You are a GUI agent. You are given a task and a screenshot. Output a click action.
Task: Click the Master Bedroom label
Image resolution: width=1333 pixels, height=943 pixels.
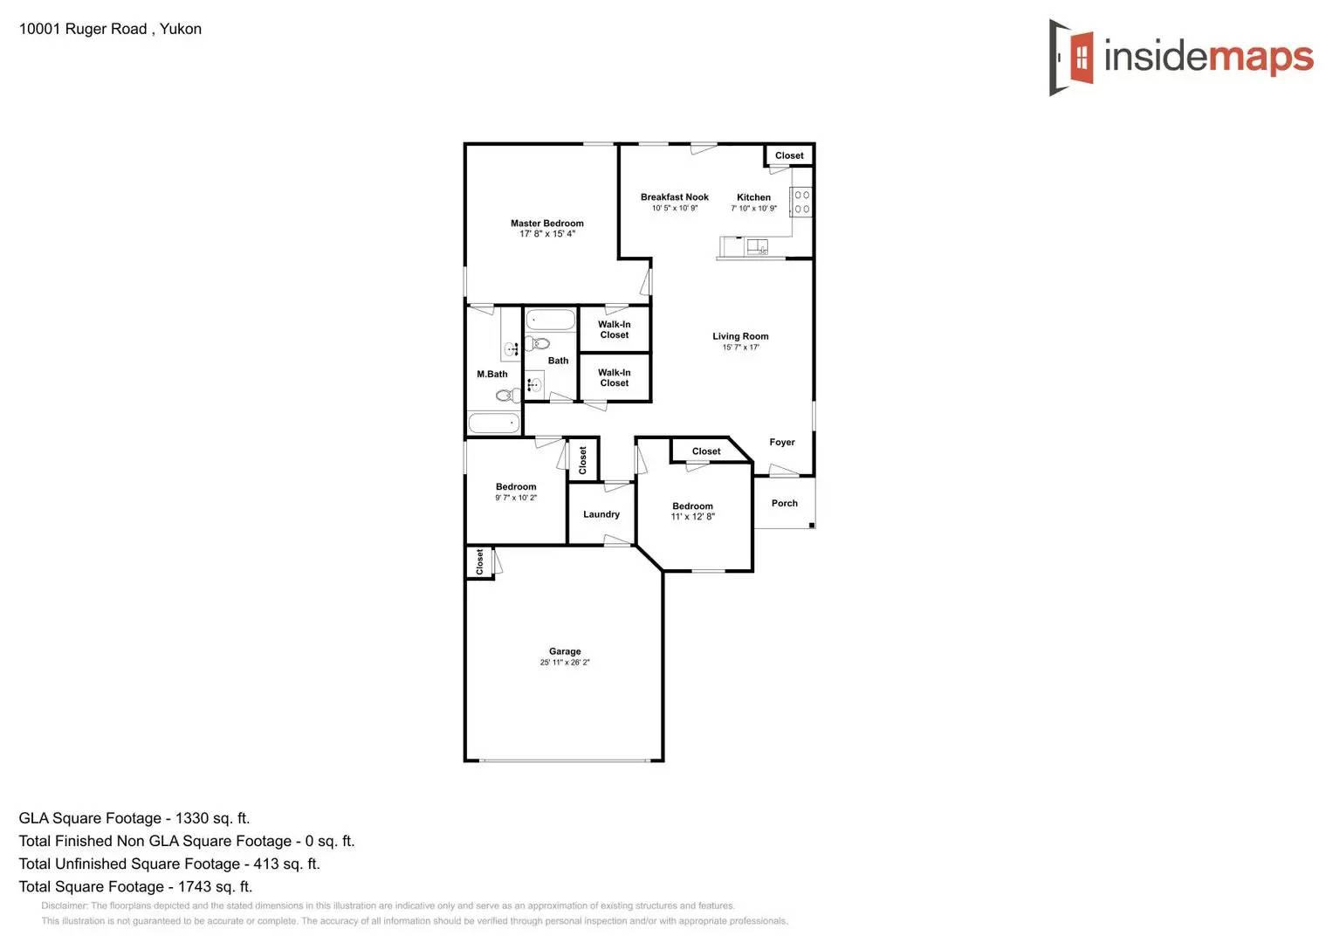point(547,224)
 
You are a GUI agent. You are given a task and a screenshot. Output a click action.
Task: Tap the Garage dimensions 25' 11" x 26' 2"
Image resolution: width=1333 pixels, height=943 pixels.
point(565,663)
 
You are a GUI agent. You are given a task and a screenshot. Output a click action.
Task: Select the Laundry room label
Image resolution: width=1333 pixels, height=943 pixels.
point(601,514)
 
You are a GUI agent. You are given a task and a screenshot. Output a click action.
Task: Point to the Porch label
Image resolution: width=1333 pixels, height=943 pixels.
point(784,503)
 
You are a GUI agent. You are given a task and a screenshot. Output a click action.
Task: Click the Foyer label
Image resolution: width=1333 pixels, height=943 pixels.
point(782,442)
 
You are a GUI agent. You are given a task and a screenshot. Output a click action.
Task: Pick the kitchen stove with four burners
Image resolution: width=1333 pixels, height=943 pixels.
point(801,202)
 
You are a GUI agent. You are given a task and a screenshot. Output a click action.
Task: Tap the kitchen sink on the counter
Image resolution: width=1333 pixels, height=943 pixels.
point(756,247)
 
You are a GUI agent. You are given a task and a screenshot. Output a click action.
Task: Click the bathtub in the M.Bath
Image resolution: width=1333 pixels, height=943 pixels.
point(494,423)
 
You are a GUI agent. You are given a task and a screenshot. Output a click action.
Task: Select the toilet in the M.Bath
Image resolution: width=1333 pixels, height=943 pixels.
point(507,396)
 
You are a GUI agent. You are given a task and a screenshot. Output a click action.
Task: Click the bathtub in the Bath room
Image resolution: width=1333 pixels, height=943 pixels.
point(550,319)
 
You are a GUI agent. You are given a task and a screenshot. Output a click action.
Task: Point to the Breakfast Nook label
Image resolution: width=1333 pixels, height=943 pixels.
point(674,197)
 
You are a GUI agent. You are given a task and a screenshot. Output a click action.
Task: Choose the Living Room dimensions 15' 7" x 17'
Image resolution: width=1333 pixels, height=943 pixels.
point(740,348)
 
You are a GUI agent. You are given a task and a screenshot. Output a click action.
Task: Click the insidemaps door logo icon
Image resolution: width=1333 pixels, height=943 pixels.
point(1072,58)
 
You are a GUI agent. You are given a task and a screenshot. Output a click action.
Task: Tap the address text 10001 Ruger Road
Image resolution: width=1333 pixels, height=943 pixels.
point(83,29)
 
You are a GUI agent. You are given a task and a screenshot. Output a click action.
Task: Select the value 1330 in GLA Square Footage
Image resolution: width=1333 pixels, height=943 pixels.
point(192,818)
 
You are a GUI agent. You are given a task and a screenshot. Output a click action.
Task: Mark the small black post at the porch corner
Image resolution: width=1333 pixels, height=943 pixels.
point(812,525)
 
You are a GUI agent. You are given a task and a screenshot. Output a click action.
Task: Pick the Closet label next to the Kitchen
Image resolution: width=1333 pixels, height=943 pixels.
point(789,155)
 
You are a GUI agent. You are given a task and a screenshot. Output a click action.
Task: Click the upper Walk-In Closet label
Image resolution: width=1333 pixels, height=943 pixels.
point(615,329)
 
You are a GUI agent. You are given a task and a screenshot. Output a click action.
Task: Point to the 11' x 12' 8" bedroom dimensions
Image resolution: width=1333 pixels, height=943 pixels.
point(692,517)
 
